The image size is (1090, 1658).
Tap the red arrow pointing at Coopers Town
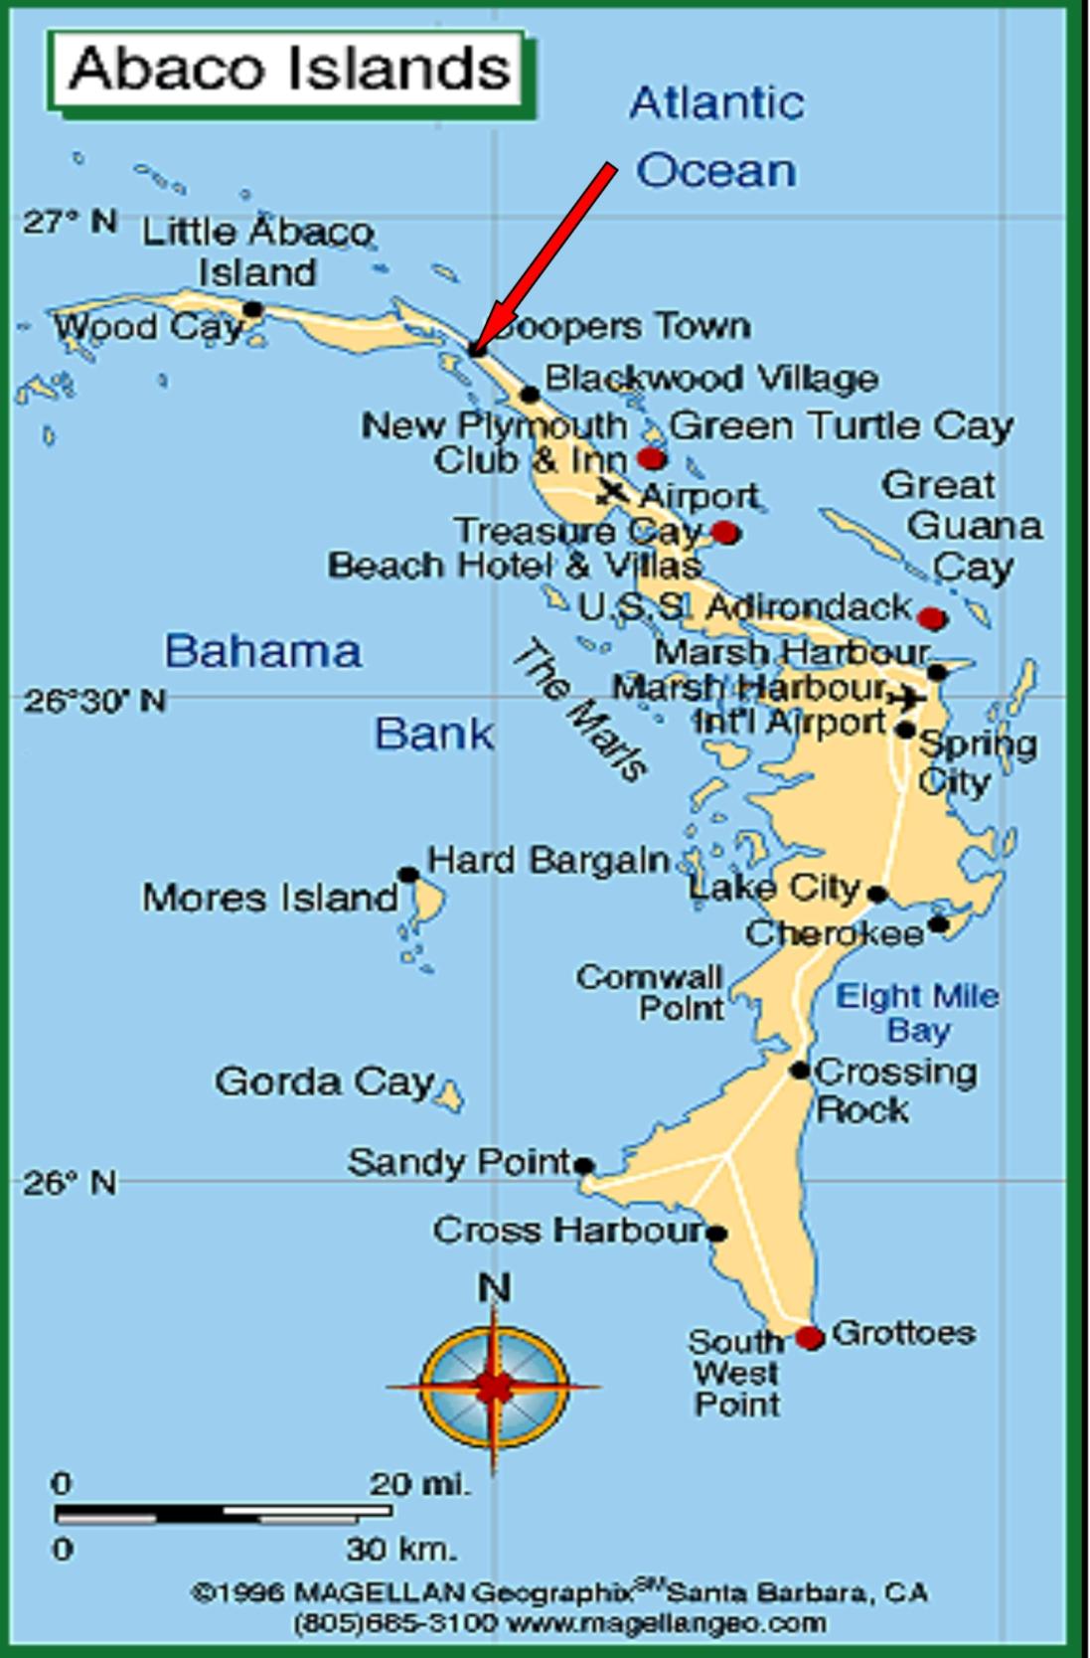point(545,256)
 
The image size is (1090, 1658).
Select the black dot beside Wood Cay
point(253,309)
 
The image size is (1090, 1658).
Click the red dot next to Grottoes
point(811,1337)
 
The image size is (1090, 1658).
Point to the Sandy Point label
point(459,1162)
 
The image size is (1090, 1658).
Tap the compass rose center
point(494,1385)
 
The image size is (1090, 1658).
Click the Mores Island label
point(269,899)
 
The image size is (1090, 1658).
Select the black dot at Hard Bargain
point(407,875)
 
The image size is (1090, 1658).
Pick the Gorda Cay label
point(324,1081)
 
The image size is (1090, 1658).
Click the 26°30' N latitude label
point(95,701)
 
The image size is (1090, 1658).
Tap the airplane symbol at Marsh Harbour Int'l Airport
point(906,698)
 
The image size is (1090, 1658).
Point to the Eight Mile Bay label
point(918,1012)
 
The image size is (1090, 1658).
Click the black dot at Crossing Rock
point(800,1071)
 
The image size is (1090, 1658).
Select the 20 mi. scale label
point(418,1485)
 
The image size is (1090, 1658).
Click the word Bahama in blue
point(263,652)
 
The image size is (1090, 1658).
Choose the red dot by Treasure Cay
point(726,533)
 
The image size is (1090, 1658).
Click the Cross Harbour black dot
point(716,1234)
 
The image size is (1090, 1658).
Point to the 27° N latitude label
point(70,221)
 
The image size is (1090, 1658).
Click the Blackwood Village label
point(711,379)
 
